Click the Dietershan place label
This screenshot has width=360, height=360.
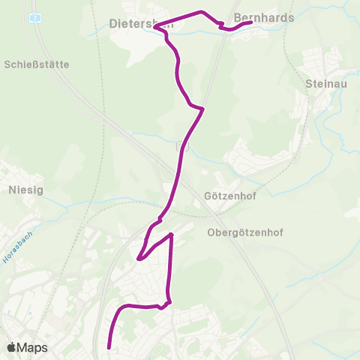[x=142, y=23]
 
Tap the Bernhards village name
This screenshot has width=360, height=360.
[x=264, y=16]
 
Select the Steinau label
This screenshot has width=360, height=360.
[x=326, y=85]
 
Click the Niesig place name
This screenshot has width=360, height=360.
[x=25, y=190]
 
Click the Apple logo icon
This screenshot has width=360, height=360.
[x=11, y=347]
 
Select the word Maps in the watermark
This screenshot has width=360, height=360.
[x=33, y=348]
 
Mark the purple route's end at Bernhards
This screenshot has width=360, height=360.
[x=250, y=23]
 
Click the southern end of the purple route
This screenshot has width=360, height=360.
[x=109, y=347]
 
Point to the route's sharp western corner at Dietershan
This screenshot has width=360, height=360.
[x=155, y=28]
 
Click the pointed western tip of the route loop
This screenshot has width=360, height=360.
[x=139, y=259]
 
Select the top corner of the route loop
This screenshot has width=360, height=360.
[x=172, y=235]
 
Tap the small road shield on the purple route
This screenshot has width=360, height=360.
[x=179, y=146]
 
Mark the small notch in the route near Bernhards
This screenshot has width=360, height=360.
[x=222, y=26]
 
